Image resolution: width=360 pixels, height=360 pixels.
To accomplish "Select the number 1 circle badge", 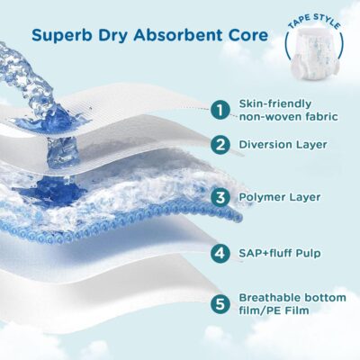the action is [x=220, y=110].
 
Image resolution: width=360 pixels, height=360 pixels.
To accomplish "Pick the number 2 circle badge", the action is [x=220, y=145].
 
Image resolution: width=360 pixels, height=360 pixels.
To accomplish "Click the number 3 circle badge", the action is [x=220, y=198].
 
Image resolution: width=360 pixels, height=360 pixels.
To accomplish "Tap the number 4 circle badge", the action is [x=220, y=253].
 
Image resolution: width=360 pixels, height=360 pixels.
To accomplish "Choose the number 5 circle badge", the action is [x=220, y=304].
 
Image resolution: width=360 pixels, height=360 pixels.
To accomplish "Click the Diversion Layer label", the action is [x=283, y=145].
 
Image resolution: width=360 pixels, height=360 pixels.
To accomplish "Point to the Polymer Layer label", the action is [x=280, y=198].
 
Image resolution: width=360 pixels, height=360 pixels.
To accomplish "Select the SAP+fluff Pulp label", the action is [x=280, y=253].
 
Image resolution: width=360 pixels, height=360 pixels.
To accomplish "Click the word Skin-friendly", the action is [x=275, y=104].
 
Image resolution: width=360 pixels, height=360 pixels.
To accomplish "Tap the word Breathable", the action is [x=269, y=298].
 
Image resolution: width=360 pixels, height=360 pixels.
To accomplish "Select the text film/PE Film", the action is [x=274, y=310].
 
